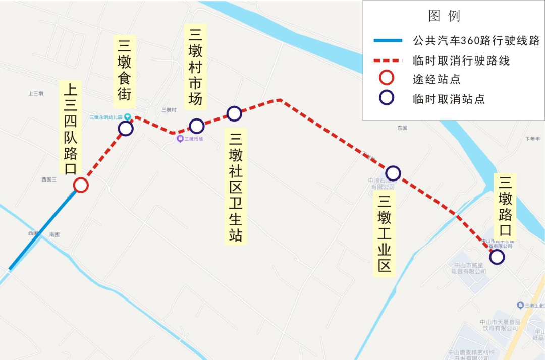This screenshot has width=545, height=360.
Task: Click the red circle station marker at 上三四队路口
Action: [x=81, y=185]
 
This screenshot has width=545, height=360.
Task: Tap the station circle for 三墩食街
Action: [x=126, y=129]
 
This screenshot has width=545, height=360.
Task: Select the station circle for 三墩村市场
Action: [x=196, y=126]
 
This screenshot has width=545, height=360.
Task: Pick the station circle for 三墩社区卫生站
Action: [x=234, y=113]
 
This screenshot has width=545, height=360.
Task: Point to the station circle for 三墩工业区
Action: [x=393, y=173]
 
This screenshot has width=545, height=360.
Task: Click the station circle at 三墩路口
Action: [x=497, y=257]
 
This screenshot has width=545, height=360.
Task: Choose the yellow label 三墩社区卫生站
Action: [x=236, y=188]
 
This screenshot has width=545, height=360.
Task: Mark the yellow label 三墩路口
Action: [x=506, y=207]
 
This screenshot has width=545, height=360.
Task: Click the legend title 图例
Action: [x=444, y=16]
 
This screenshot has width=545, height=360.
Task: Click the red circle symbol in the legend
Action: [x=387, y=78]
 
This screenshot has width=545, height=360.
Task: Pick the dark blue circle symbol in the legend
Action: [x=387, y=98]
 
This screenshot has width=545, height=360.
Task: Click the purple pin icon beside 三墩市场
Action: [x=180, y=139]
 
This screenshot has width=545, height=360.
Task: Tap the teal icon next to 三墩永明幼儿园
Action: [x=128, y=117]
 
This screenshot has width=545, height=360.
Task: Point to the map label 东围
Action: [x=402, y=128]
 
